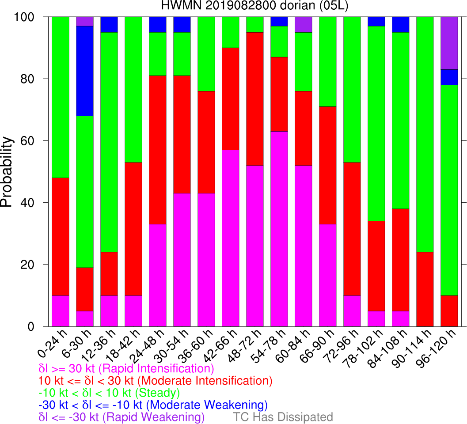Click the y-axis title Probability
(7, 171)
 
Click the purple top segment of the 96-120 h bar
(449, 43)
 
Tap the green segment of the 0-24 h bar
(61, 97)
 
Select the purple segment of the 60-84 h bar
(304, 24)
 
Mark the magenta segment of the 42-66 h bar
(231, 238)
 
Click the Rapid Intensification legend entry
(126, 368)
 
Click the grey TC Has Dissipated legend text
(283, 417)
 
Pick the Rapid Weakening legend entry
(122, 417)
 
